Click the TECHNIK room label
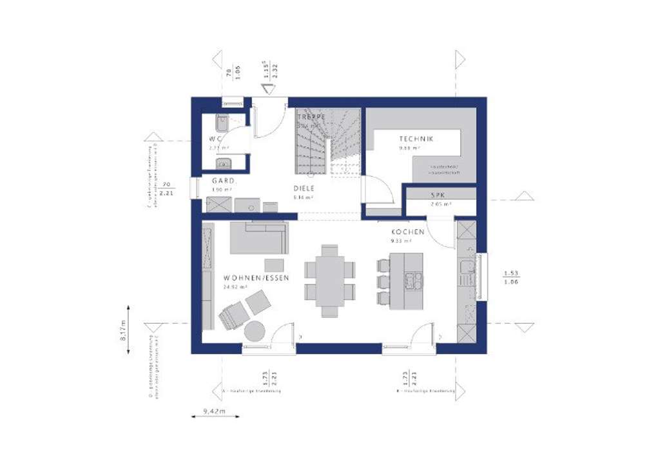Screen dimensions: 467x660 coord(416,139)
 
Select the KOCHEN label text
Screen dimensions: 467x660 coord(407,232)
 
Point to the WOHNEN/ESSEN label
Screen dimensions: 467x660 coord(256,278)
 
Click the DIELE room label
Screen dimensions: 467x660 coord(304,189)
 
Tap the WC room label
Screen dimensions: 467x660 coord(215,139)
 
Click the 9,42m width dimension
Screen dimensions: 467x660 coord(213,410)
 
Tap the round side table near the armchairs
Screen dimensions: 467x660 coord(255,331)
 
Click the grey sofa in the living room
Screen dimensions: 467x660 coord(258,237)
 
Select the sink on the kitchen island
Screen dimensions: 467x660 coord(412,281)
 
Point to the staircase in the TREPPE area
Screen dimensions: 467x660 coord(327,142)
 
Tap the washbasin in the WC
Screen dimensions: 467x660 coord(223,163)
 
